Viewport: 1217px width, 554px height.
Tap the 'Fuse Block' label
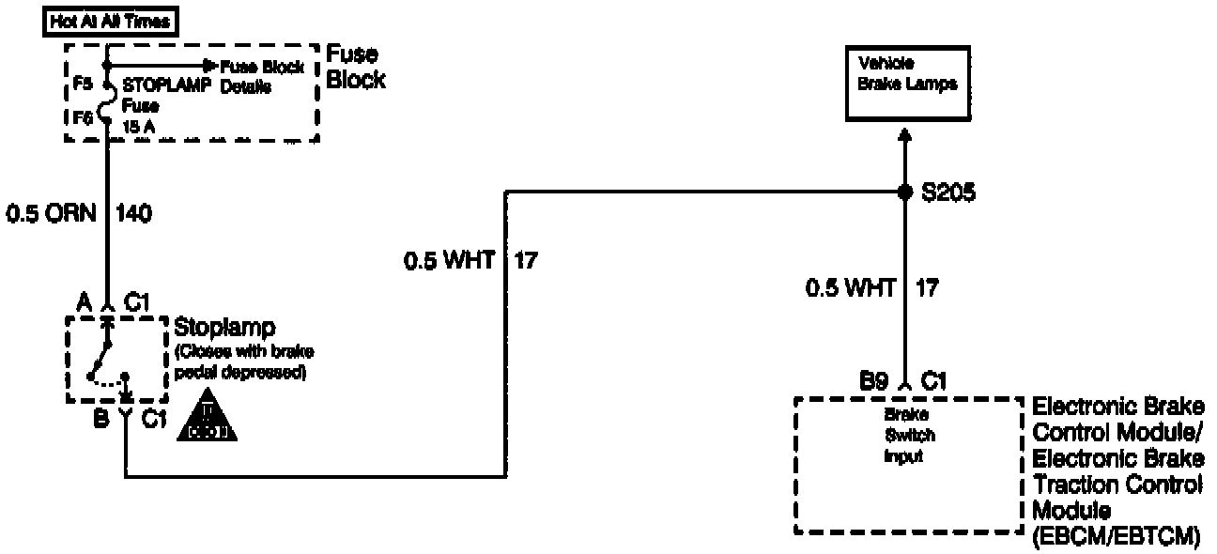coord(355,69)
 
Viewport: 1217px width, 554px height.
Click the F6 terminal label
coord(83,118)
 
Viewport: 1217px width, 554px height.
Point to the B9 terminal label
coord(874,381)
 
